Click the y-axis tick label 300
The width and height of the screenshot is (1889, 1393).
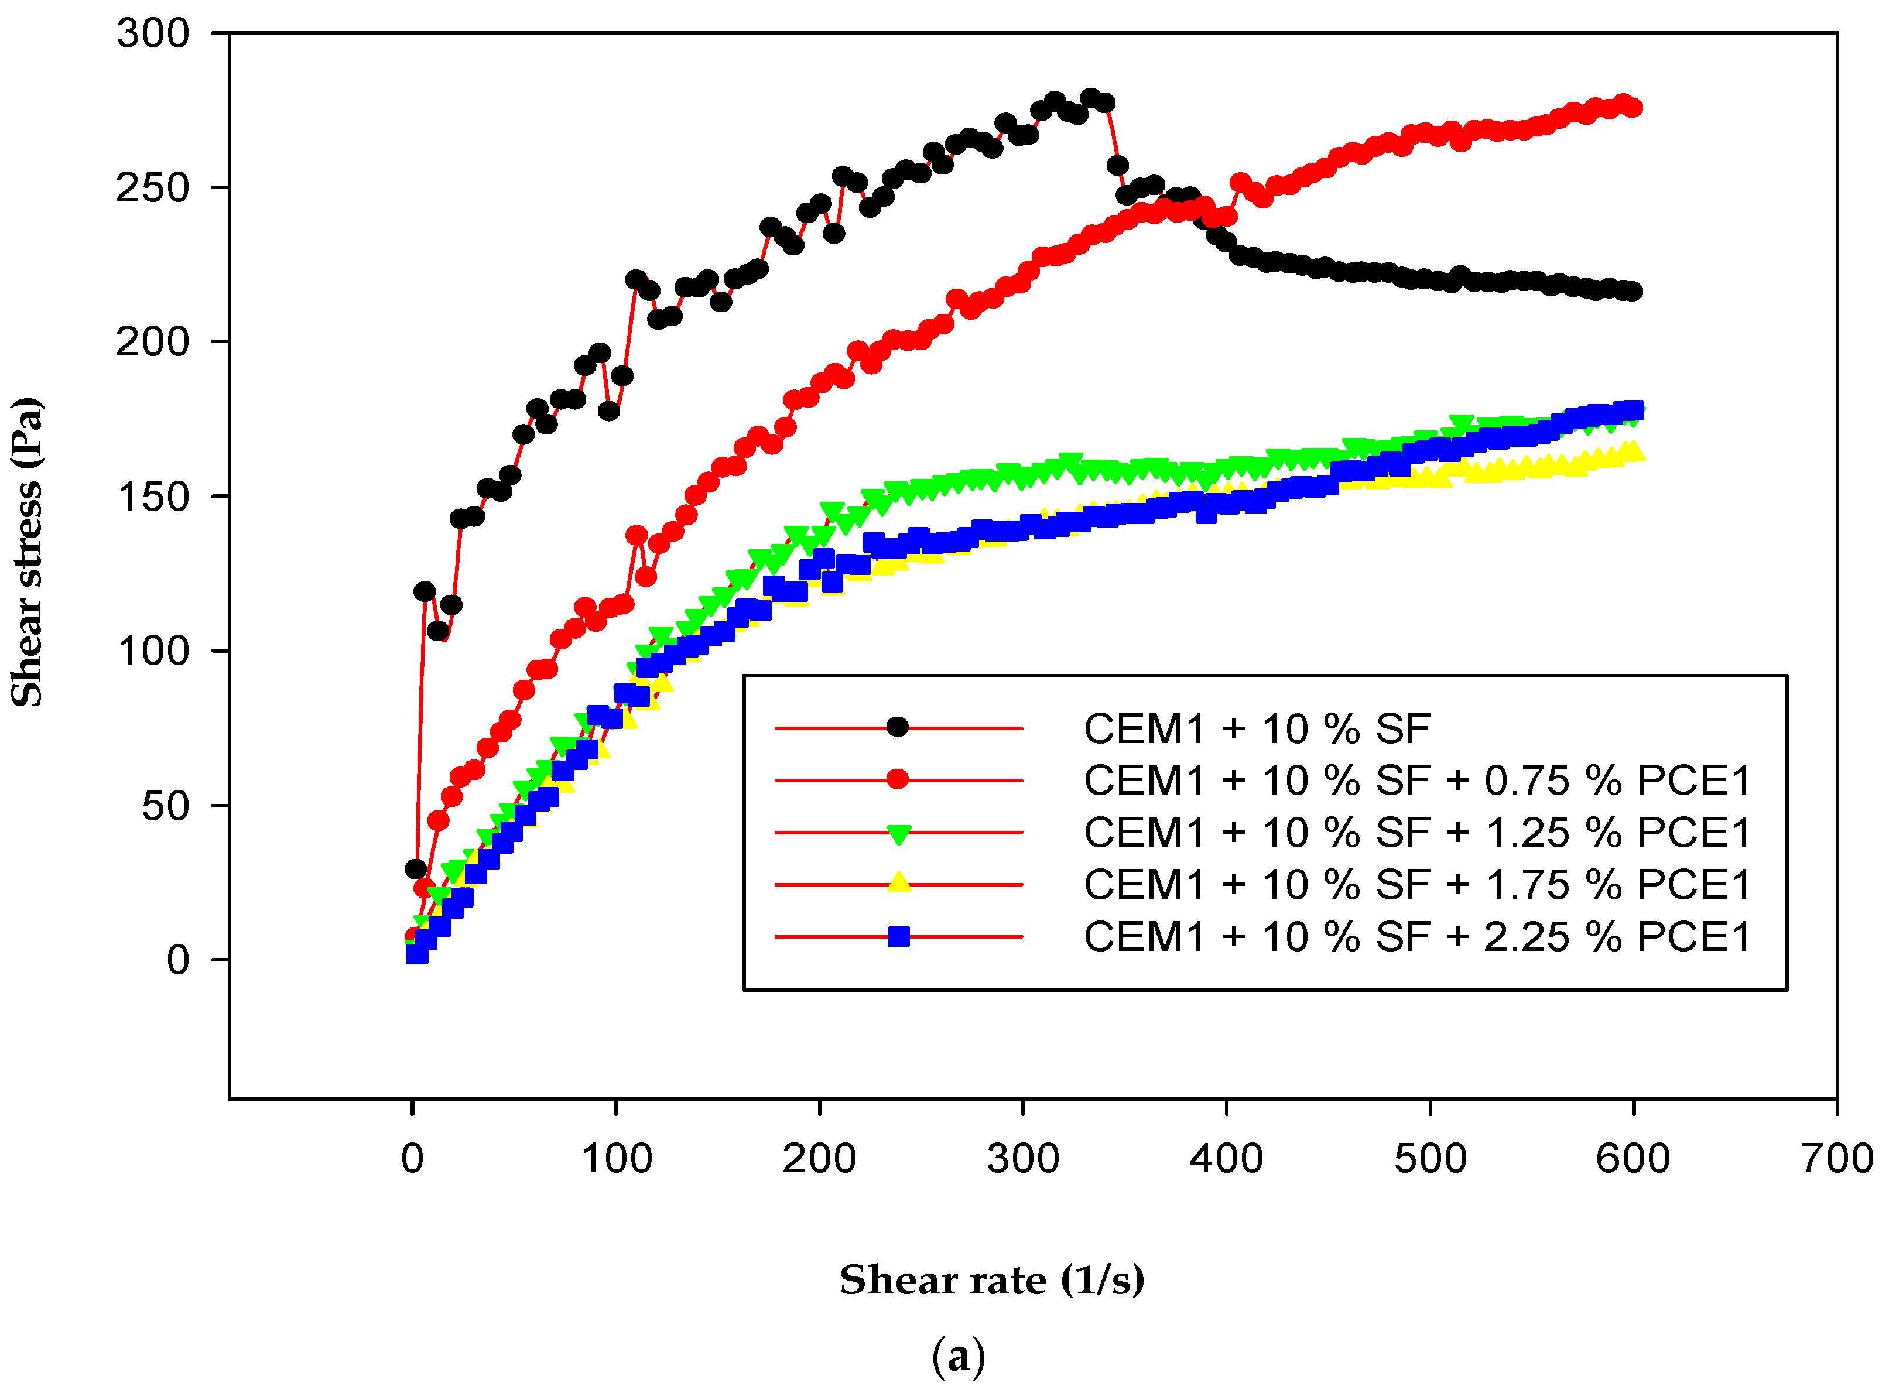click(153, 34)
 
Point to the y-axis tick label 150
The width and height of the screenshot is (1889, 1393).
click(153, 497)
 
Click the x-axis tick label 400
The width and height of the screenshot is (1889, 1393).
click(1227, 1159)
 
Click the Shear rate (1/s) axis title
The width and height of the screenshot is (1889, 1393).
click(993, 1280)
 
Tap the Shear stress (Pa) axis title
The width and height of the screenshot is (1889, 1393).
click(27, 552)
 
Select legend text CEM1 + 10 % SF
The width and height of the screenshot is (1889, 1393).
click(1257, 728)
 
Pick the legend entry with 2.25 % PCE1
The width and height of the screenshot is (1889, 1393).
click(1418, 937)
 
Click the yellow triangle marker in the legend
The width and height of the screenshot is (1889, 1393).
click(899, 883)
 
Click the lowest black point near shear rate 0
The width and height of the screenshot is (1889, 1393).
click(416, 868)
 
